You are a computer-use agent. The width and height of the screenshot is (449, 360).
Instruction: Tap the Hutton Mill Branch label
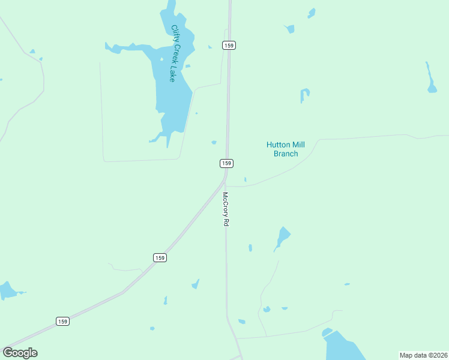[x=286, y=149]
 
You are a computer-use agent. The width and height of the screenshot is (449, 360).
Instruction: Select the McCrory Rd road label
[x=226, y=209]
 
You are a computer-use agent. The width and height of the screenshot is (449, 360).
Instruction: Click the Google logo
[x=20, y=352]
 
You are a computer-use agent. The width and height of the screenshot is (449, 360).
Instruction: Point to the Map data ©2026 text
[x=423, y=355]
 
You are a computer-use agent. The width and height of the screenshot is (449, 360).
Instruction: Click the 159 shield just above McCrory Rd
[x=226, y=163]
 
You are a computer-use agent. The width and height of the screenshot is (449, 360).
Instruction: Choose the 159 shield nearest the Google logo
[x=63, y=321]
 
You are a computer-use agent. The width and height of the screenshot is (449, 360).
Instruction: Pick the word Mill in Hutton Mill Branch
[x=298, y=145]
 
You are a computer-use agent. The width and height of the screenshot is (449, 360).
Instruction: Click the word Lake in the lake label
[x=172, y=75]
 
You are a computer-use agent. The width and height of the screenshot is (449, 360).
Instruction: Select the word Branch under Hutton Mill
[x=286, y=154]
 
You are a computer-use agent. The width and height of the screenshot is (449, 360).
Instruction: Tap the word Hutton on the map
[x=278, y=145]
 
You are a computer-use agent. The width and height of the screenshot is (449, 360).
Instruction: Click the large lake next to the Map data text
[x=342, y=347]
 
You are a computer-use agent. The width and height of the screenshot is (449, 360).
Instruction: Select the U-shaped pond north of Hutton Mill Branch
[x=305, y=94]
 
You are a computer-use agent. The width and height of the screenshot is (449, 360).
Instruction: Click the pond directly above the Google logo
[x=7, y=291]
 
